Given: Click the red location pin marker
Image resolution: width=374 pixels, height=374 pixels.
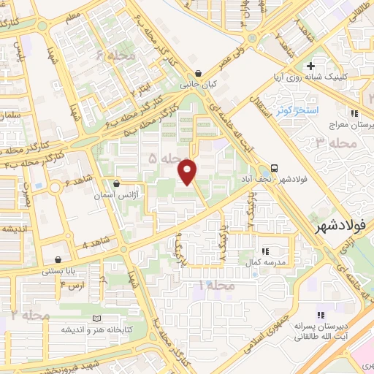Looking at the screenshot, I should [x=188, y=171].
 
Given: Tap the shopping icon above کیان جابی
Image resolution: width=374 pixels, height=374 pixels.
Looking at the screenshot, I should [x=199, y=72].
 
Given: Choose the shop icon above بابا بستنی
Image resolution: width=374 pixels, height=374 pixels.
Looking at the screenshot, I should [x=58, y=259].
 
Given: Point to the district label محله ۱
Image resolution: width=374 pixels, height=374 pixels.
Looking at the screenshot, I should [x=218, y=284].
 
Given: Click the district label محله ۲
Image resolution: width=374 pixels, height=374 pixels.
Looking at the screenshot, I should [x=30, y=315].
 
